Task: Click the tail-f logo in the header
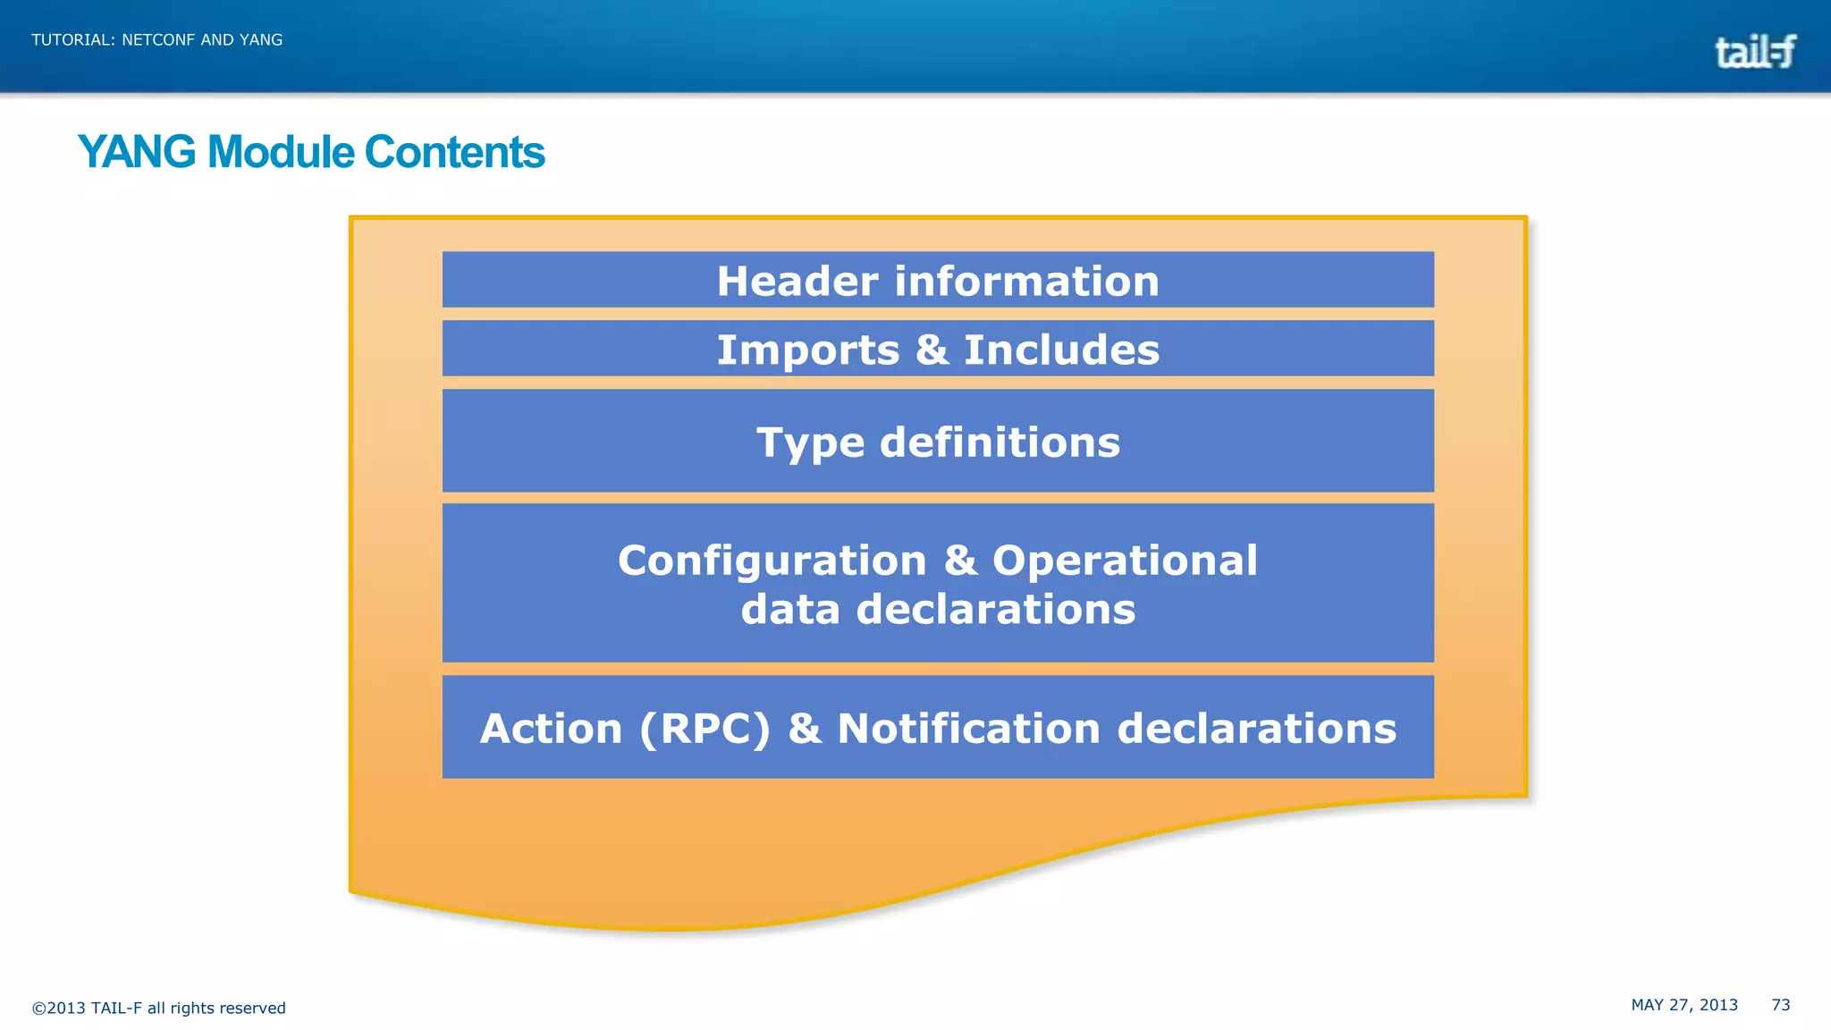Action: [x=1754, y=52]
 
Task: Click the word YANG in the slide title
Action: [x=137, y=152]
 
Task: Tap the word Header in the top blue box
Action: [x=797, y=282]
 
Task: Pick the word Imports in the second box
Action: [x=807, y=350]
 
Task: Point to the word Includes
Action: [x=1061, y=350]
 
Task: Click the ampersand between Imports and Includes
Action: [x=932, y=350]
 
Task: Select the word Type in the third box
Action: [x=810, y=443]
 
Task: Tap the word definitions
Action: [x=1000, y=443]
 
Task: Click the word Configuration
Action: [x=772, y=561]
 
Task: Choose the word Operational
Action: [x=1125, y=561]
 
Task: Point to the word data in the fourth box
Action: [x=790, y=610]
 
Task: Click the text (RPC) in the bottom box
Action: [x=705, y=729]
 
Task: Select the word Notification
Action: [x=968, y=729]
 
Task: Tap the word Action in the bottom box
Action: [x=551, y=729]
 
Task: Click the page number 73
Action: [x=1780, y=1005]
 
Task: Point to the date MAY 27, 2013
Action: [x=1684, y=1005]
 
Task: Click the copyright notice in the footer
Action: [x=158, y=1009]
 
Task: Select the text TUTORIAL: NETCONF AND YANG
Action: [x=156, y=40]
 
